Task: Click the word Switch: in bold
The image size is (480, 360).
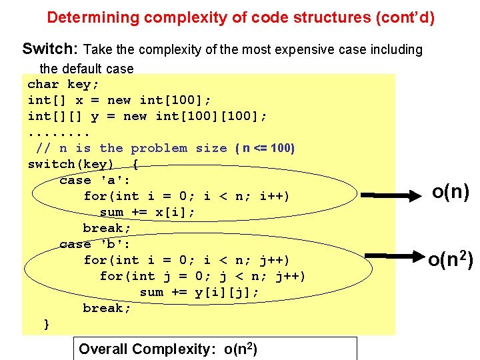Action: (50, 49)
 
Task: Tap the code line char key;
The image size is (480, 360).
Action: (63, 84)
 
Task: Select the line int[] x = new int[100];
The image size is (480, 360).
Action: (119, 100)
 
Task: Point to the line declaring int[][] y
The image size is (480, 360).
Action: (147, 116)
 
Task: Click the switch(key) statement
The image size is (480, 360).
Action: (83, 164)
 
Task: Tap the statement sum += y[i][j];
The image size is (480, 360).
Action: (199, 292)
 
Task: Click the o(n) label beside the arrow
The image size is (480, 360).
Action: (451, 192)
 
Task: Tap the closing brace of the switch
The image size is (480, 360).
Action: (47, 324)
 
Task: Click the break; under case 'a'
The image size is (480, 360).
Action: (107, 228)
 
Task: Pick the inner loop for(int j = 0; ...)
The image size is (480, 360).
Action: (203, 276)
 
